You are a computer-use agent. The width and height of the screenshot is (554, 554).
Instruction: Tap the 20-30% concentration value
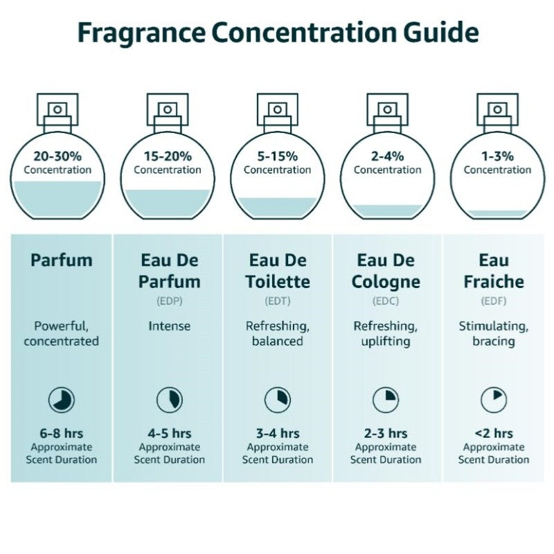click(x=57, y=157)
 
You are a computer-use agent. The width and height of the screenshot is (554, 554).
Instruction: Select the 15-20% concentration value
click(x=168, y=157)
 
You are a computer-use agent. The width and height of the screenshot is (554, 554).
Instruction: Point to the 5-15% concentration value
click(x=277, y=157)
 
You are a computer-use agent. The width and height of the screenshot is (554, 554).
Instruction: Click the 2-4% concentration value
click(x=387, y=157)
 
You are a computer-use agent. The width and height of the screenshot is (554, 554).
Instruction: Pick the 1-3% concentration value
click(x=497, y=157)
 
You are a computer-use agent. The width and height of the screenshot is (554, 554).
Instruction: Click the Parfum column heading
click(x=62, y=260)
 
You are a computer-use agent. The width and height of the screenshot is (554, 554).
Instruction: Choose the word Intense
click(x=170, y=325)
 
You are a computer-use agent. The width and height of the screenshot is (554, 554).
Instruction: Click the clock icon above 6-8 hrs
click(x=62, y=400)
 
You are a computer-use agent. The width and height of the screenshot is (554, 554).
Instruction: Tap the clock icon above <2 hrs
click(x=494, y=400)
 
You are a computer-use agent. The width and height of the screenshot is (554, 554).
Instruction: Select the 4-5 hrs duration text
click(x=170, y=434)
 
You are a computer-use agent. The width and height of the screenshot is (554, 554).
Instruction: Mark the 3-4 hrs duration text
click(x=278, y=434)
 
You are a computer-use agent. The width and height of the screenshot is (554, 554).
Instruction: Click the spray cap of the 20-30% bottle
click(x=57, y=109)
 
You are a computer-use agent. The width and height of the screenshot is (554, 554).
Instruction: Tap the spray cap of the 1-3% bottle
click(x=497, y=109)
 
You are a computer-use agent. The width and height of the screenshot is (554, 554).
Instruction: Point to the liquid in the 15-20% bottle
click(x=168, y=201)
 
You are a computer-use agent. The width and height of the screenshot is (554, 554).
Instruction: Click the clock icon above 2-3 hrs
click(x=386, y=400)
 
